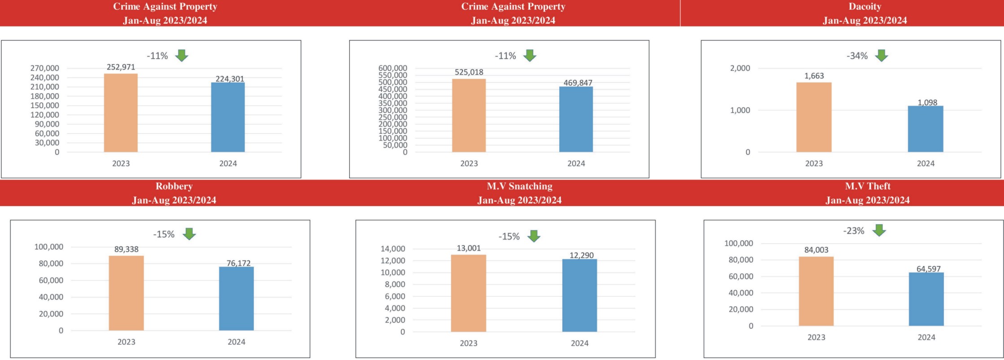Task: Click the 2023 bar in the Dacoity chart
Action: point(814,117)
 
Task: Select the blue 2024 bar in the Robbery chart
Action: point(236,299)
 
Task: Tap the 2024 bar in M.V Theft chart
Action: point(926,299)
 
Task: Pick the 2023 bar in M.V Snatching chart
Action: point(468,293)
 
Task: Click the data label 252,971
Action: point(121,67)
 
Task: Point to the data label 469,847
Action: point(578,83)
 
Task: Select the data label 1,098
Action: point(927,102)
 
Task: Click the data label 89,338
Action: point(126,249)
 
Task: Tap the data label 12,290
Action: point(581,255)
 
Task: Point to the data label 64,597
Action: point(928,269)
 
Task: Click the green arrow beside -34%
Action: point(881,55)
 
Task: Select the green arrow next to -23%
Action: point(879,230)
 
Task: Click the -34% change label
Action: point(857,56)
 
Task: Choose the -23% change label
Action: point(854,231)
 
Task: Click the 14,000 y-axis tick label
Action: point(393,249)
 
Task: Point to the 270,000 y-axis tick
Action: point(44,68)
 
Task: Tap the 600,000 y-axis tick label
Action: point(393,68)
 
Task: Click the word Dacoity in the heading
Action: point(864,7)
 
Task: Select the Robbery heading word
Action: point(174,186)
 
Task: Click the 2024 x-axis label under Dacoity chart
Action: point(925,163)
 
